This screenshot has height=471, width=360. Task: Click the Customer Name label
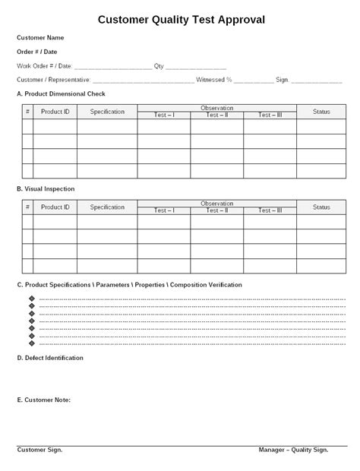[x=40, y=38]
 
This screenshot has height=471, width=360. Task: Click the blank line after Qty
[x=196, y=68]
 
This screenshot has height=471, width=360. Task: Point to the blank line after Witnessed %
[x=254, y=81]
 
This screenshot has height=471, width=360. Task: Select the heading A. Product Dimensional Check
[x=61, y=93]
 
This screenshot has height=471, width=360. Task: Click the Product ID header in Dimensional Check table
[x=55, y=112]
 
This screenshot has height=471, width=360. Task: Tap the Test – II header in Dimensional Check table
[x=216, y=115]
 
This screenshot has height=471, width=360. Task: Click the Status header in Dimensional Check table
[x=321, y=112]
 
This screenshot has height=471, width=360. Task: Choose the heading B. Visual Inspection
[x=46, y=188]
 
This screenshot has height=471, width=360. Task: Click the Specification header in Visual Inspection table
[x=106, y=207]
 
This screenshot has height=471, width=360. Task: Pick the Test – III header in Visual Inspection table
[x=270, y=210]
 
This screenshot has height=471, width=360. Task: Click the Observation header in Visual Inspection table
[x=216, y=203]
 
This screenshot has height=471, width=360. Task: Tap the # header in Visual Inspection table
[x=27, y=207]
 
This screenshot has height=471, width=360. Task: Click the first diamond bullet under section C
[x=31, y=299]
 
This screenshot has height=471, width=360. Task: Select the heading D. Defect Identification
[x=50, y=357]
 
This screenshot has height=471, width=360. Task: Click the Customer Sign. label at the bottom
[x=39, y=450]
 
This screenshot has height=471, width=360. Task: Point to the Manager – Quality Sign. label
[x=293, y=450]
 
